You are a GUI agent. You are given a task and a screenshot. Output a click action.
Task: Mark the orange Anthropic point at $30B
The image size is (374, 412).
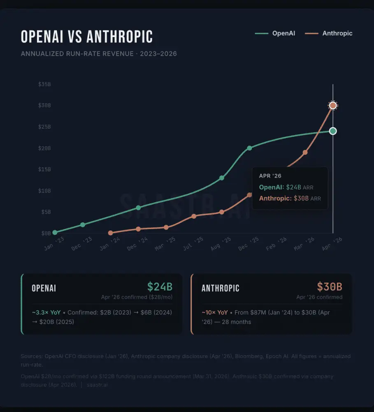click(333, 105)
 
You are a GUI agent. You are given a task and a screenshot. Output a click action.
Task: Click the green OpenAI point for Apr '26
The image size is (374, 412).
click(333, 131)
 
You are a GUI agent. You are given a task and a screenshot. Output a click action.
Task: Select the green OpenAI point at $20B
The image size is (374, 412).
click(249, 148)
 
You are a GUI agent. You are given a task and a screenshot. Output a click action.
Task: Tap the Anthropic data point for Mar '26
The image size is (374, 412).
click(305, 152)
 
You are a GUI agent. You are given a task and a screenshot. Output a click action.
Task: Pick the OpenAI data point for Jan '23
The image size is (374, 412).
click(55, 232)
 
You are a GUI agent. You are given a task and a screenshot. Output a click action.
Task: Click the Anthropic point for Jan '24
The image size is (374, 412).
click(110, 233)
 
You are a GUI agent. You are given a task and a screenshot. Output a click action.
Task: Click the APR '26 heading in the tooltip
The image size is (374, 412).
click(270, 176)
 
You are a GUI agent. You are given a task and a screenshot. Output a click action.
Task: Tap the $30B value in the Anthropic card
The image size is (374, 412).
click(329, 287)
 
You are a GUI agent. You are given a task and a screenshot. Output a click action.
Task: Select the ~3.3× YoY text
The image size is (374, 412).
click(46, 312)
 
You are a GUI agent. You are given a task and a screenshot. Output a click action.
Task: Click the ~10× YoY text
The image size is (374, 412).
click(215, 312)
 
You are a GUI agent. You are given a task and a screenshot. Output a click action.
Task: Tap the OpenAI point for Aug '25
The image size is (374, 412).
click(222, 178)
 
